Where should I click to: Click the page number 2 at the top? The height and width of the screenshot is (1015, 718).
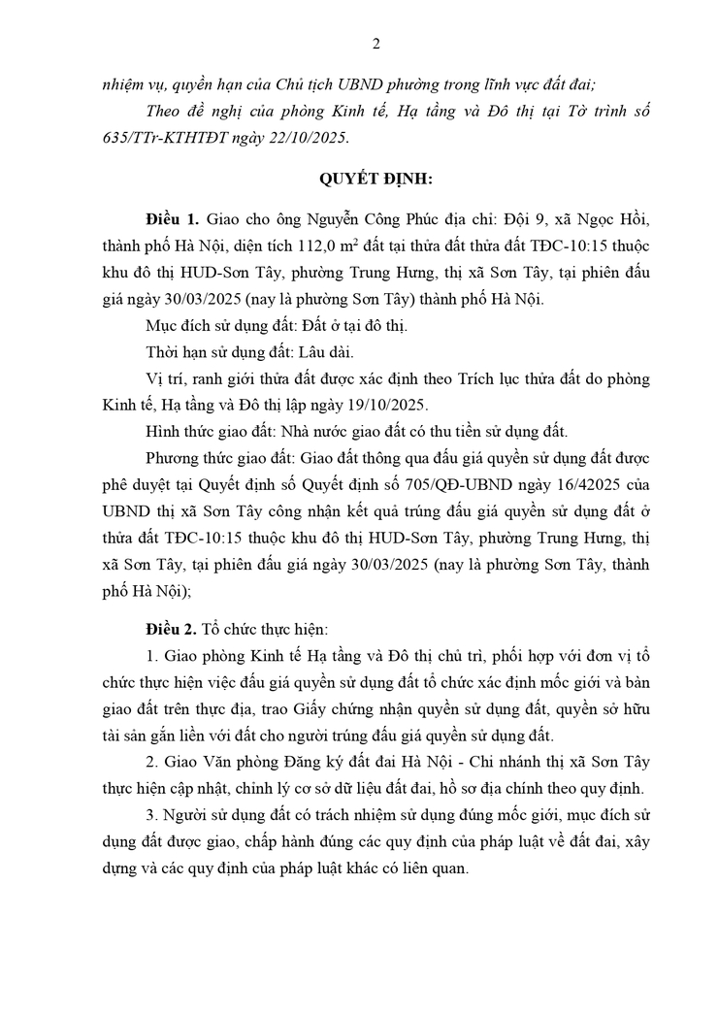(375, 43)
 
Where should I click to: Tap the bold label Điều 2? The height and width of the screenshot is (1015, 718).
(172, 629)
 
